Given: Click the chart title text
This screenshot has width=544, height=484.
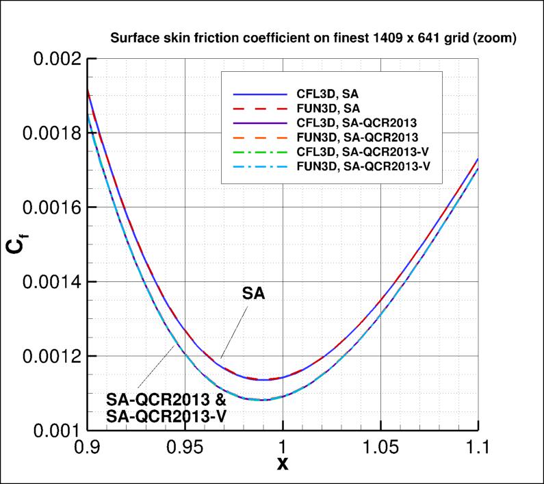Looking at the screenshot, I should coord(313,38).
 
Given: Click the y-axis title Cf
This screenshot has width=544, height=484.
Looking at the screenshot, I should coord(15,244).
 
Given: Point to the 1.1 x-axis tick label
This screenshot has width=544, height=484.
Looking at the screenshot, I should coord(478,448).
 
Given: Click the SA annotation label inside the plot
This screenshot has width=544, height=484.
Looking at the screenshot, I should coord(254,294).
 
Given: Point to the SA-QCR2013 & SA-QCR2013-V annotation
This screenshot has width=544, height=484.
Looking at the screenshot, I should coord(167,407).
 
